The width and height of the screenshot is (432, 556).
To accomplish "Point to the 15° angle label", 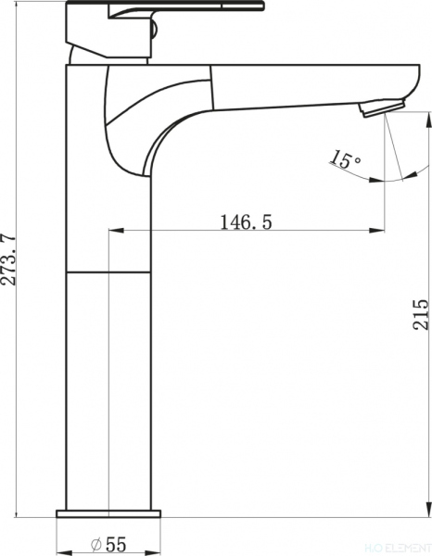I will click(x=345, y=160).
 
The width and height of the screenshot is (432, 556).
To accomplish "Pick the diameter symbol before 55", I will click(x=96, y=544).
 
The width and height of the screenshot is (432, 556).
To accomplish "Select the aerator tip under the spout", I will click(x=379, y=107).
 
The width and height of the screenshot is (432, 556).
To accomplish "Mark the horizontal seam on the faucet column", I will click(x=108, y=273).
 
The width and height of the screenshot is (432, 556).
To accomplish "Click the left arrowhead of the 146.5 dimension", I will click(x=114, y=231).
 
